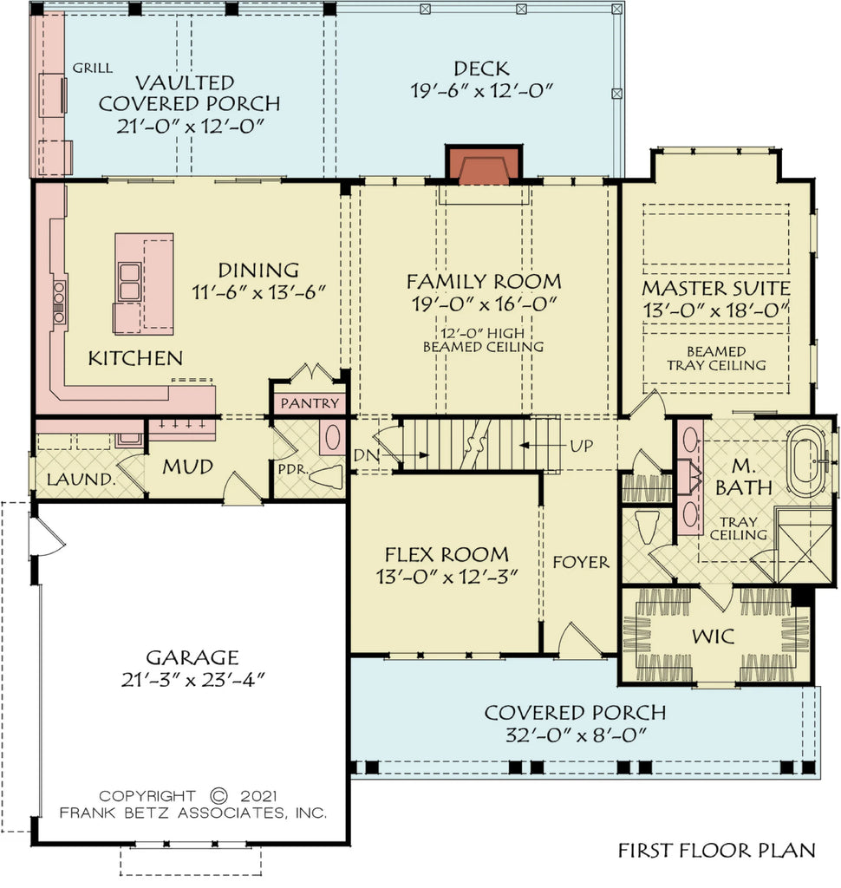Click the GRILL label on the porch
90,68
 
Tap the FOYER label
580,562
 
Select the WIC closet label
714,637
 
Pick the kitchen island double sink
128,280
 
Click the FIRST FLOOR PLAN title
716,851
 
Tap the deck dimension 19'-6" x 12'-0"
481,89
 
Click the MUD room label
188,467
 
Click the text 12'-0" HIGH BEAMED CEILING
483,340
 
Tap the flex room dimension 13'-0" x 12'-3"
447,578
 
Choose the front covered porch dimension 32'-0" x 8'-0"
575,735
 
